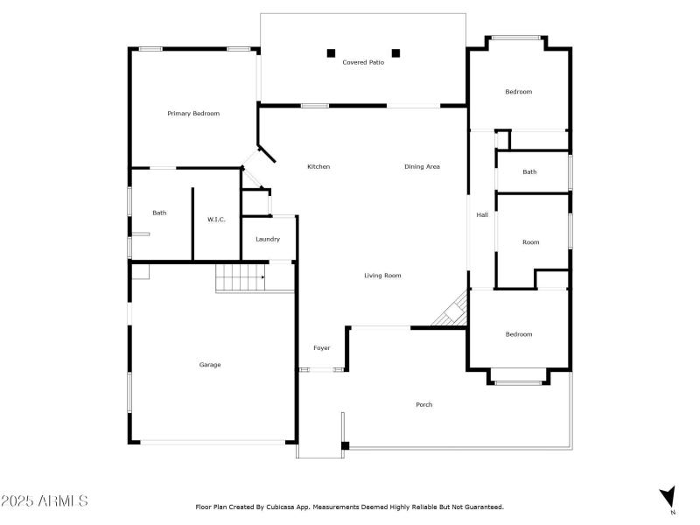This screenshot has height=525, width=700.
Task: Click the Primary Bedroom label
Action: (x=193, y=114)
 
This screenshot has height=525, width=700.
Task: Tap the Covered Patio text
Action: (x=363, y=62)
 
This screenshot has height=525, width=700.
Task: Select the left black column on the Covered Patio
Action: (x=331, y=53)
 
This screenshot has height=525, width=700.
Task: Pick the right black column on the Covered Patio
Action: (x=395, y=53)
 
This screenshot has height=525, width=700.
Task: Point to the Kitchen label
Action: (x=318, y=167)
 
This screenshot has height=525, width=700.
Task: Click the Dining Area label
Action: (x=422, y=167)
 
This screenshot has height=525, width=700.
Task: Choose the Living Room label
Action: (x=382, y=276)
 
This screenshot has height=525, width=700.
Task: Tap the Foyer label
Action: (x=322, y=348)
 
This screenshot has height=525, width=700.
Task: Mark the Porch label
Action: (x=424, y=404)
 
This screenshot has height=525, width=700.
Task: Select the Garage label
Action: (x=210, y=365)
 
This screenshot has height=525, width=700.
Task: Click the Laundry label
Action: (x=268, y=240)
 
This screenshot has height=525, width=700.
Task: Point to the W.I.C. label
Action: (x=216, y=220)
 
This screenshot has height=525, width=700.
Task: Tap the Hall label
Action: (x=482, y=215)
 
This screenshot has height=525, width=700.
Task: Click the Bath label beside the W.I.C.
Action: (x=159, y=213)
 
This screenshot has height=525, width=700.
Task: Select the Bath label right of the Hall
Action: (x=529, y=172)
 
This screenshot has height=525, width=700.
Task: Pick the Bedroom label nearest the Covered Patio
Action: (x=518, y=92)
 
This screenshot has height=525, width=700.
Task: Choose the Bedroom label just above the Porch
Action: (x=518, y=334)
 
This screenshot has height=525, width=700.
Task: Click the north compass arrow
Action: (x=668, y=496)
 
